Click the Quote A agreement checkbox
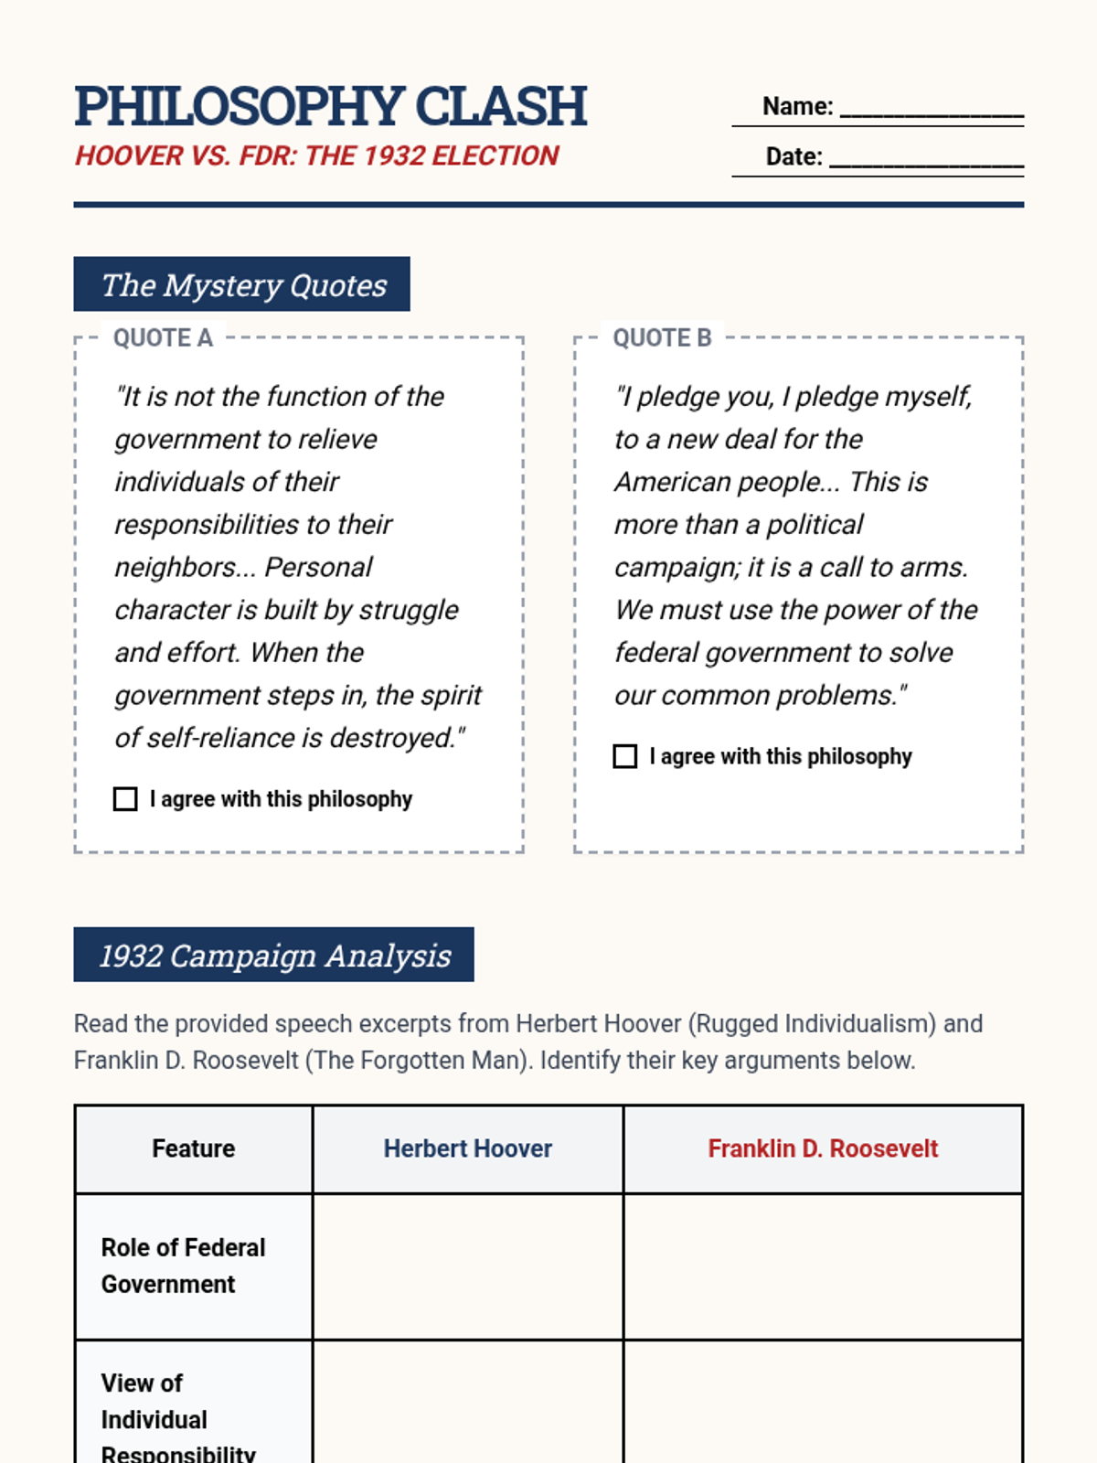click(125, 799)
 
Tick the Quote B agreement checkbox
click(625, 756)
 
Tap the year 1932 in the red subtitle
click(394, 156)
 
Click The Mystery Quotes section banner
click(242, 284)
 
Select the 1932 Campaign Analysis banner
click(274, 955)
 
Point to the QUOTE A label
click(163, 338)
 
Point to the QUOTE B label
click(662, 338)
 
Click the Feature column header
click(193, 1148)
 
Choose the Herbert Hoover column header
click(467, 1148)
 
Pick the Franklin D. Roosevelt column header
click(823, 1148)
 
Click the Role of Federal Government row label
click(183, 1266)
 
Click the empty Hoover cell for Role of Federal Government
click(468, 1266)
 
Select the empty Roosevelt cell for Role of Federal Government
click(823, 1266)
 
